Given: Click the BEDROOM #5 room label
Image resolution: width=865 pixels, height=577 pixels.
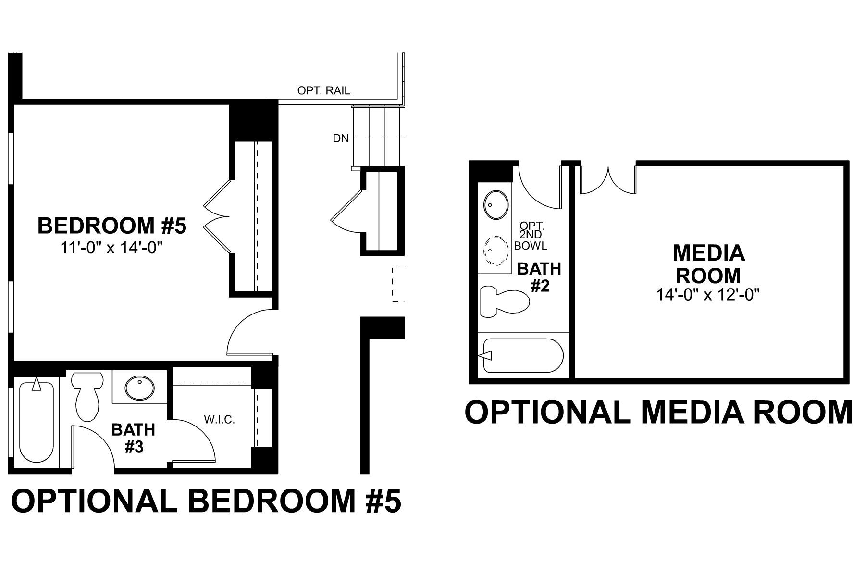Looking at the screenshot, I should pos(111,226).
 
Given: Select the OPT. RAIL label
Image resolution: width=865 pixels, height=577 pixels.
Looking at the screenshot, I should pos(323,90).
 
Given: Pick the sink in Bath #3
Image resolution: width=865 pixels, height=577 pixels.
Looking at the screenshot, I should pos(140,387).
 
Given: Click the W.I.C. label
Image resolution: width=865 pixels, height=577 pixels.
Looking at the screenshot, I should pos(219,420).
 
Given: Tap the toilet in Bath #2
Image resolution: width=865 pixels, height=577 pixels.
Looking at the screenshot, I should pos(504,301).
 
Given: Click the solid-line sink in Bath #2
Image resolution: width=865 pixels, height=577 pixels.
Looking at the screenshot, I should pos(496,206).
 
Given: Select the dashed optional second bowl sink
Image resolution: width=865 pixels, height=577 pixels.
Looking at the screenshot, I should pos(496,250).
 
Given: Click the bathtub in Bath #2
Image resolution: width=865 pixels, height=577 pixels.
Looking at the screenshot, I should pos(523,355).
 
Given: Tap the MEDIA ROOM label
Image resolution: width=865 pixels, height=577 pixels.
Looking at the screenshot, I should pos(708,264).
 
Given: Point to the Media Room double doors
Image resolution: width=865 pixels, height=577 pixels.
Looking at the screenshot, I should pos(608,180).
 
